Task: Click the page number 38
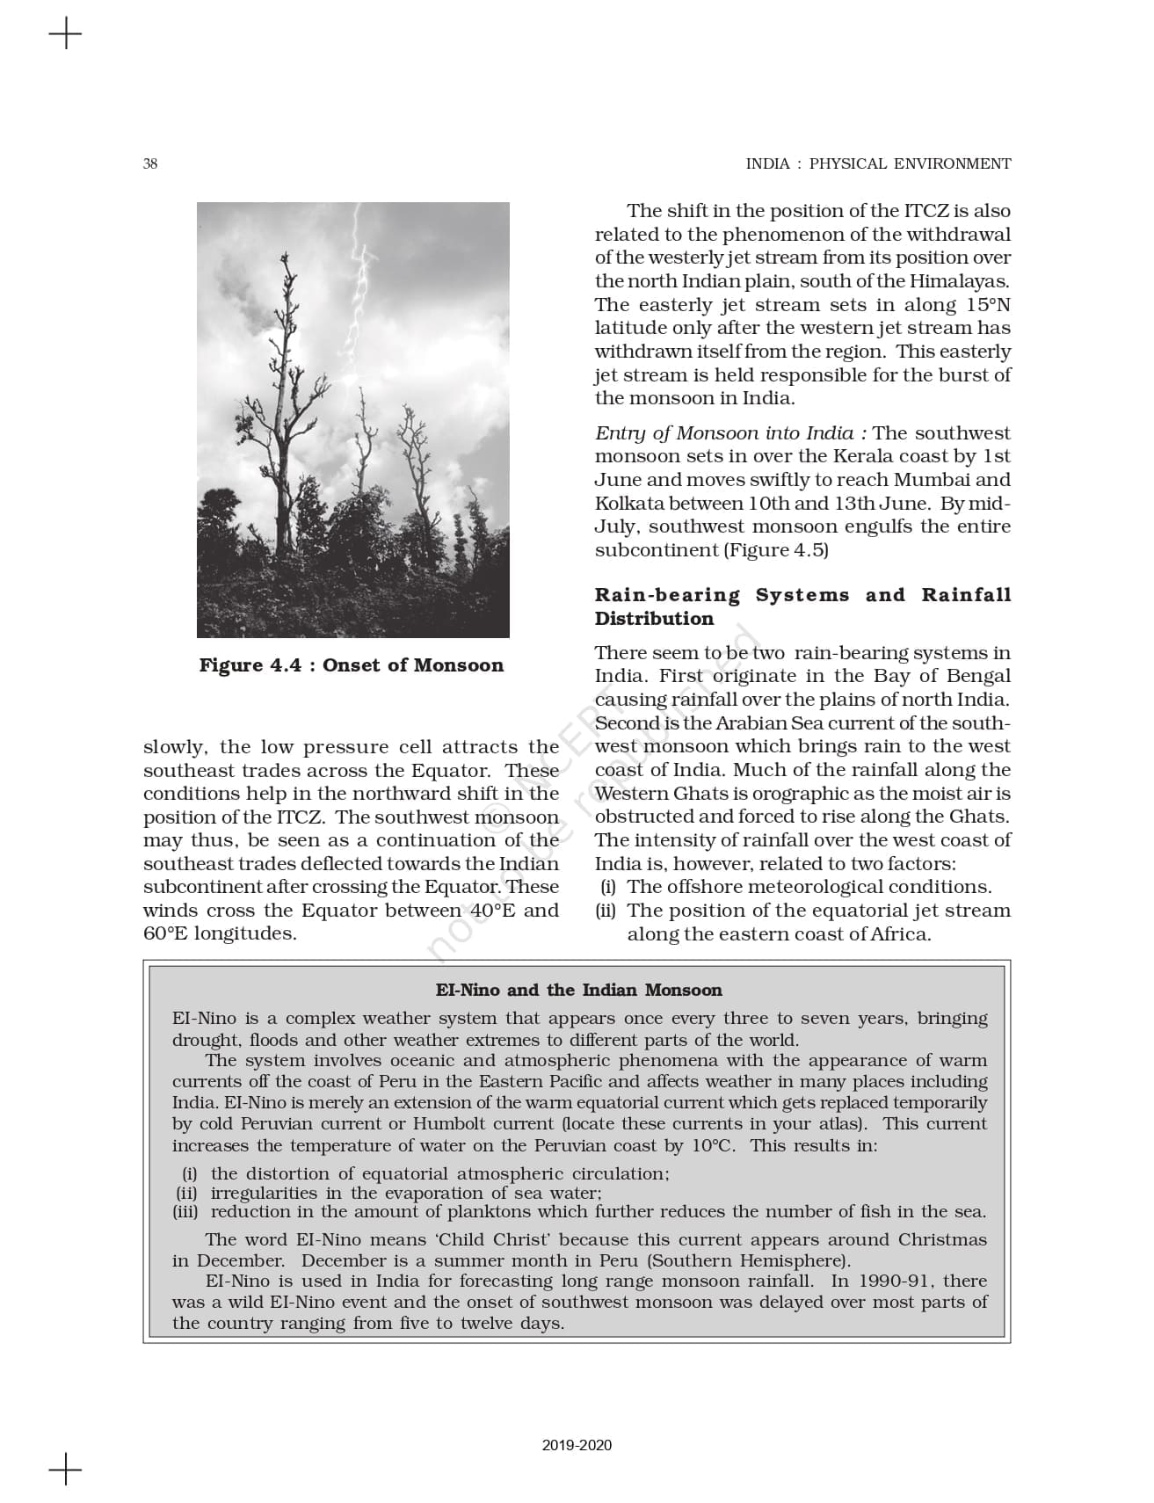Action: (150, 163)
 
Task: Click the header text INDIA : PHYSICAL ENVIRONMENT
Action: (878, 163)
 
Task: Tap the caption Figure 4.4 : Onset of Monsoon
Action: (352, 665)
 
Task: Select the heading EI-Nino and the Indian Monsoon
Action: (578, 991)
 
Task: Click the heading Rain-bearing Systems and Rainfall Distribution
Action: (802, 606)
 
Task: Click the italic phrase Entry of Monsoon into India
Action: (723, 433)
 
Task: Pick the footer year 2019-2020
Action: (577, 1445)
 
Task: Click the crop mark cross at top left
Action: (66, 35)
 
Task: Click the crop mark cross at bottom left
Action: (66, 1469)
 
